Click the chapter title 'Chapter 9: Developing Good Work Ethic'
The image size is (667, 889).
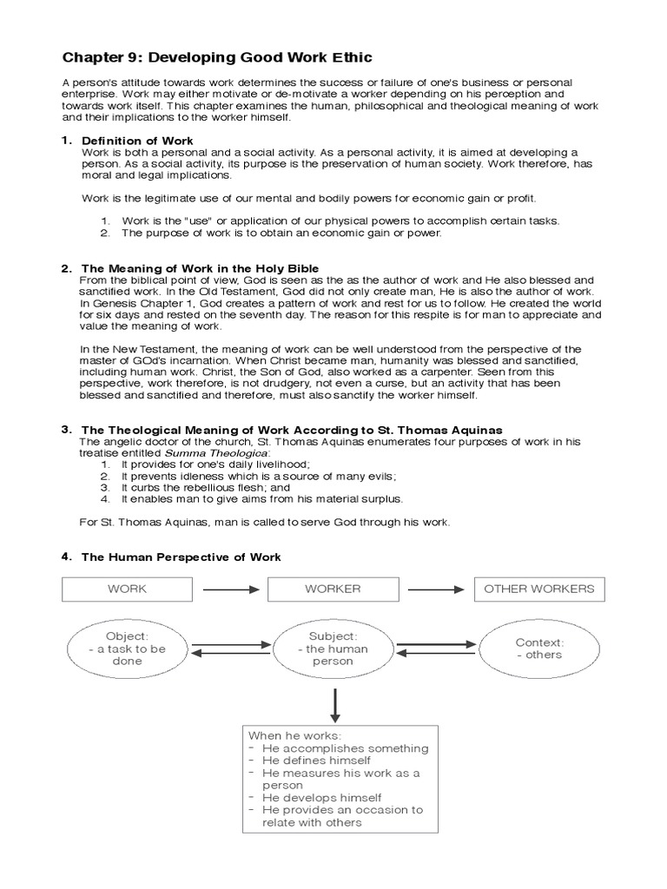coord(217,57)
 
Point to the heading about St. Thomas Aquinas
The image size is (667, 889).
coord(291,430)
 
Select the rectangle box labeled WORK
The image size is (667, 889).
coord(127,589)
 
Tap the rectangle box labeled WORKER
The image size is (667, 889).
coord(333,589)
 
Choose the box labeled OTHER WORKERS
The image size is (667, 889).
coord(538,589)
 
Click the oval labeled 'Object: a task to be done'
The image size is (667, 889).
coord(127,649)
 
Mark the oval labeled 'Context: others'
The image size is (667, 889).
coord(538,649)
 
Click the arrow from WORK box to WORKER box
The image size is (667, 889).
coord(229,589)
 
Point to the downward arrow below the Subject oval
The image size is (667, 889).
coord(333,700)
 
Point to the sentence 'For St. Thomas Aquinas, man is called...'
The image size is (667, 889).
coord(265,522)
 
